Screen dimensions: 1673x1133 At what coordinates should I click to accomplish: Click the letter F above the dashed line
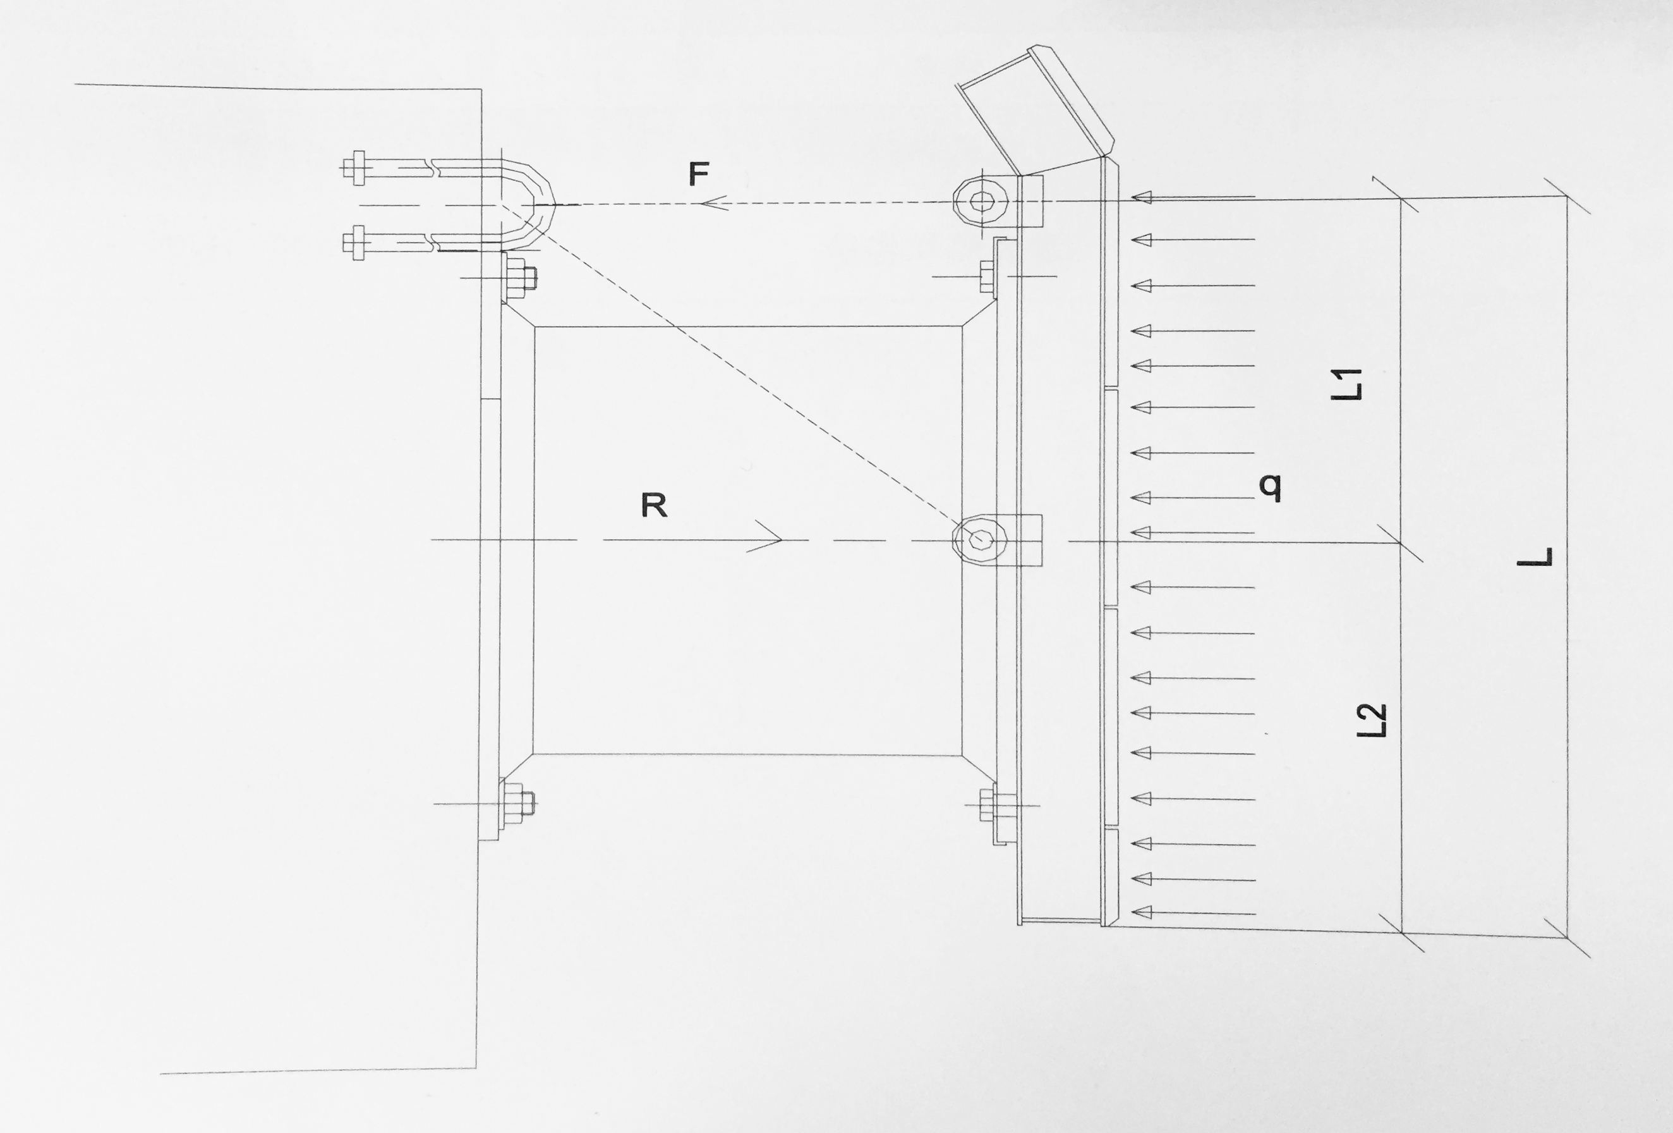tap(698, 174)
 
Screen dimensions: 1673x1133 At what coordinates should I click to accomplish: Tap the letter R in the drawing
tap(654, 506)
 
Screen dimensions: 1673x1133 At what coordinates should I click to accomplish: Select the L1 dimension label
tap(1346, 384)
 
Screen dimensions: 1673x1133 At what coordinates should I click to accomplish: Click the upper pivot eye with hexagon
tap(980, 201)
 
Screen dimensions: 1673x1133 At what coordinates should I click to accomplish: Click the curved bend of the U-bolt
tap(540, 205)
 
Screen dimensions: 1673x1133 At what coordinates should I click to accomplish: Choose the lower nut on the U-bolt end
tap(355, 242)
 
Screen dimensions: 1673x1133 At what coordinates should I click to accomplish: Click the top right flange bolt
tap(987, 276)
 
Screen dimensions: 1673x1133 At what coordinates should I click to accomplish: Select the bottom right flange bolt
tap(987, 805)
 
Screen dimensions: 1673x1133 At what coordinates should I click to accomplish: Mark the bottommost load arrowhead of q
tap(1142, 914)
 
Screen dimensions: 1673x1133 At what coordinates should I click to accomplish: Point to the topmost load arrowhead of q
tap(1142, 197)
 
